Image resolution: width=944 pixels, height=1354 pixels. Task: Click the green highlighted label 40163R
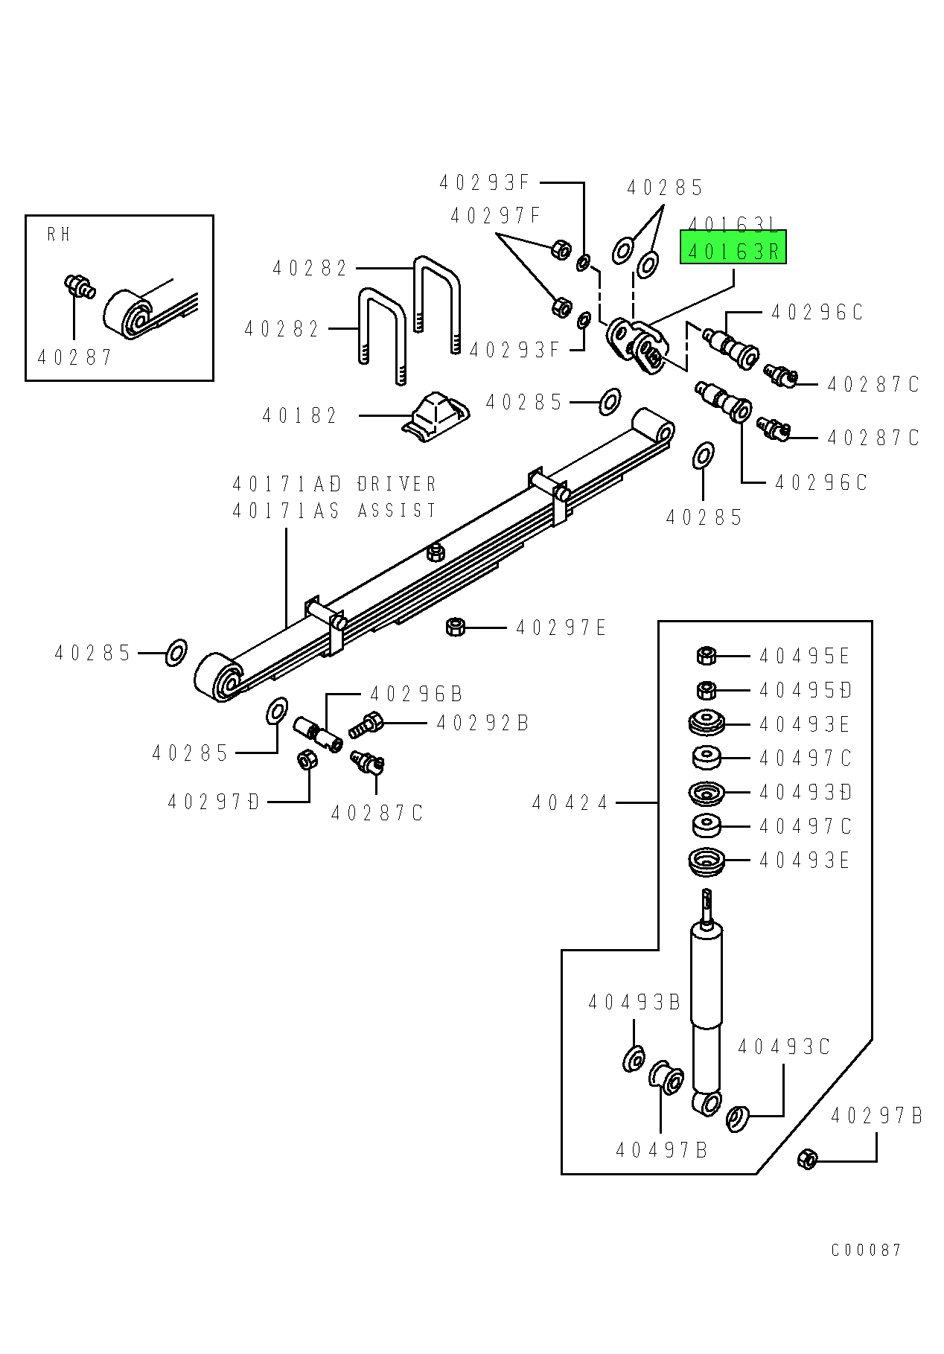733,251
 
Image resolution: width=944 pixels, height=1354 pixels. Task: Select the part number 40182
300,415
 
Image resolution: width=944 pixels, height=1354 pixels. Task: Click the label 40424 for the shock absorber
570,802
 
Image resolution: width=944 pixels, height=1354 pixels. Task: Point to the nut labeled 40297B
807,1159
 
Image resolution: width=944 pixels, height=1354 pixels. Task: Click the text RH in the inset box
59,234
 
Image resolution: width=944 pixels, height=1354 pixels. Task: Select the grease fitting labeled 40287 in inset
77,285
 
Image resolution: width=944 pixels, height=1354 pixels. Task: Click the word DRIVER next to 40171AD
397,484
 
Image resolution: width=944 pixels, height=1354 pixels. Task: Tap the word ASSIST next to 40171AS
397,511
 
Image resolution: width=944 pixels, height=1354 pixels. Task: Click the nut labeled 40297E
455,627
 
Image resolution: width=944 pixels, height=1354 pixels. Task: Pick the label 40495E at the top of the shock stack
804,656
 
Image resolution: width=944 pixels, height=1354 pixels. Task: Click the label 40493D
804,792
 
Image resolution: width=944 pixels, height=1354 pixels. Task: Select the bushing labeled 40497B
667,1078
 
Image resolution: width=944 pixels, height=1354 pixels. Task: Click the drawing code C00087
866,1250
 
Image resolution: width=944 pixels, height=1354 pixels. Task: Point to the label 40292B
482,723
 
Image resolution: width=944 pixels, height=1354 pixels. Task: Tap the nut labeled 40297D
306,760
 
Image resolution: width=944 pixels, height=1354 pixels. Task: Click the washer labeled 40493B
634,1058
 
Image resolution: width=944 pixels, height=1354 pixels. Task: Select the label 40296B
416,694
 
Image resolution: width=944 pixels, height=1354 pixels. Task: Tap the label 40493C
783,1047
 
